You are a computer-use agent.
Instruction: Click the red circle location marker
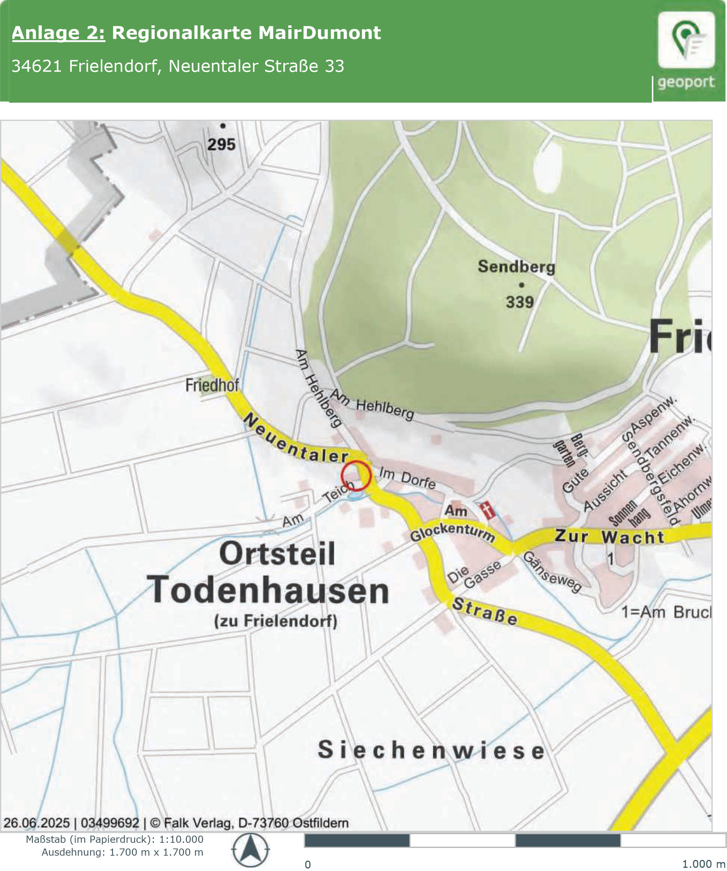click(355, 475)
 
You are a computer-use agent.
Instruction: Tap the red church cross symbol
click(488, 510)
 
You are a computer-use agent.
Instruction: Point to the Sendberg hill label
click(516, 267)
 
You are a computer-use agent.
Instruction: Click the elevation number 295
click(221, 144)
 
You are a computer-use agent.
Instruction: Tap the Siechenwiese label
click(431, 750)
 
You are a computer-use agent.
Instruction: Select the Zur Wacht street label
click(609, 537)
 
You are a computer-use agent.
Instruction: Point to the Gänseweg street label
click(552, 572)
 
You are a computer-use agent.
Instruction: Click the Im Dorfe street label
click(407, 478)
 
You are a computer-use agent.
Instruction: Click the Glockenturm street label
click(452, 532)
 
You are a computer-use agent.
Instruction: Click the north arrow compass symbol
click(250, 850)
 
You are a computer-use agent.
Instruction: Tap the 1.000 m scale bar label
click(703, 864)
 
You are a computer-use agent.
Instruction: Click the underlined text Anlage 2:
click(59, 33)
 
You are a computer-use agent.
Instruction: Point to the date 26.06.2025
click(36, 823)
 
